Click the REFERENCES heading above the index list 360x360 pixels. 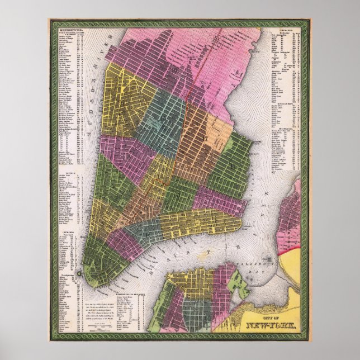pos(67,25)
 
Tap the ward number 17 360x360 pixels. pos(206,139)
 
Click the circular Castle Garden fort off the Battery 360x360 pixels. pos(79,273)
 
